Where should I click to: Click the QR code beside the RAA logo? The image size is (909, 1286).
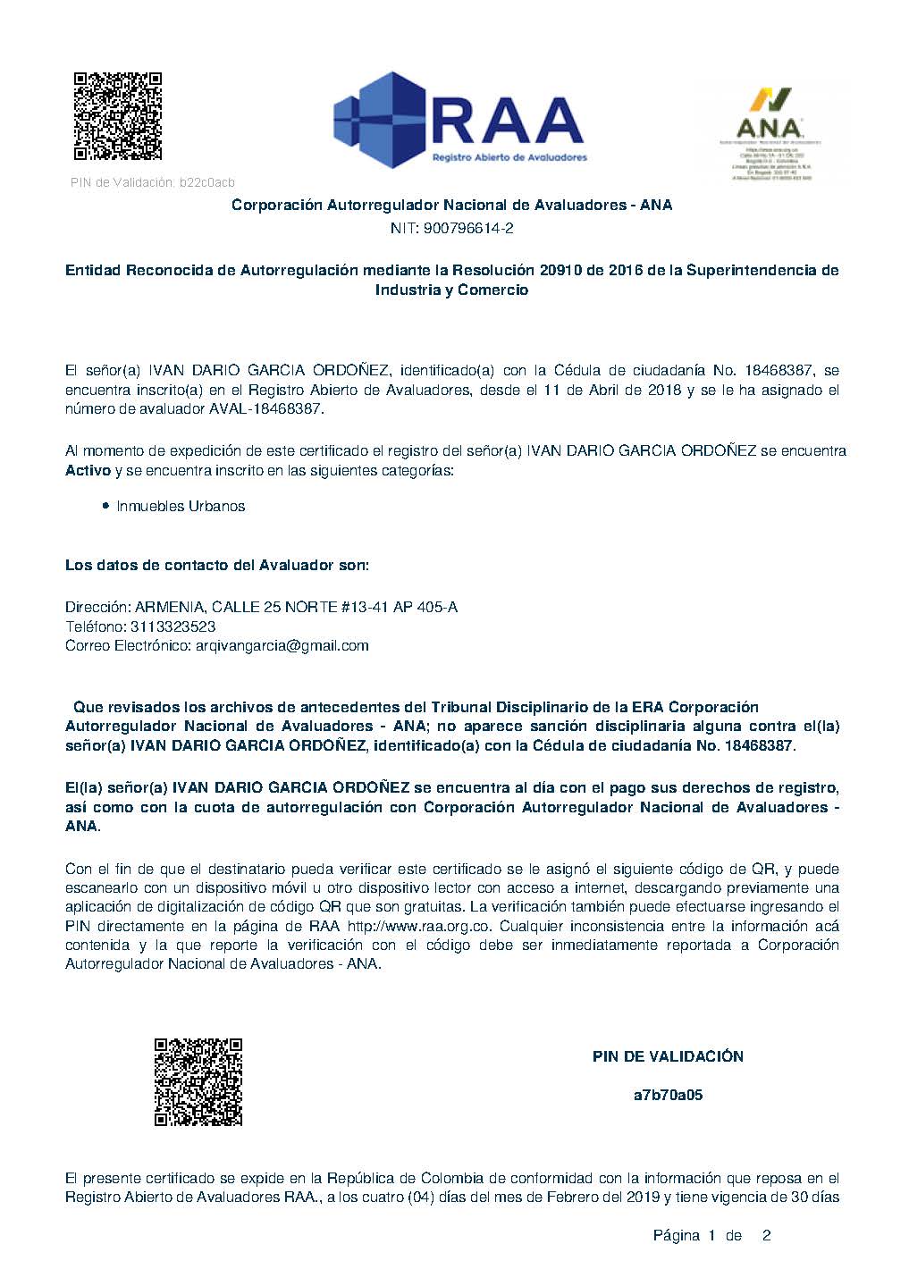pos(117,116)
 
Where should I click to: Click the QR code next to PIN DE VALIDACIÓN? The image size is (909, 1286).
pos(198,1081)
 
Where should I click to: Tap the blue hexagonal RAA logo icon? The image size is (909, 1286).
pos(378,122)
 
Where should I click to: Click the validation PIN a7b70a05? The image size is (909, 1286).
pos(668,1095)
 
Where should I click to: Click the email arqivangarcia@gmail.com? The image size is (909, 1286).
pos(282,645)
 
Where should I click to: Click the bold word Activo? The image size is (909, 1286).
pos(88,470)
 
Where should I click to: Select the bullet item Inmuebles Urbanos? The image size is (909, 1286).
pos(181,506)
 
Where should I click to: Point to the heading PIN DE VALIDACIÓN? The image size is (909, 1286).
pos(668,1056)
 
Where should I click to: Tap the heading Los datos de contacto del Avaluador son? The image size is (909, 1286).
pos(217,566)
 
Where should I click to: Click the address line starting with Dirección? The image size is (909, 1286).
pos(261,607)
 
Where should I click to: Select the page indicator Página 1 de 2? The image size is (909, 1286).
pos(711,1236)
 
